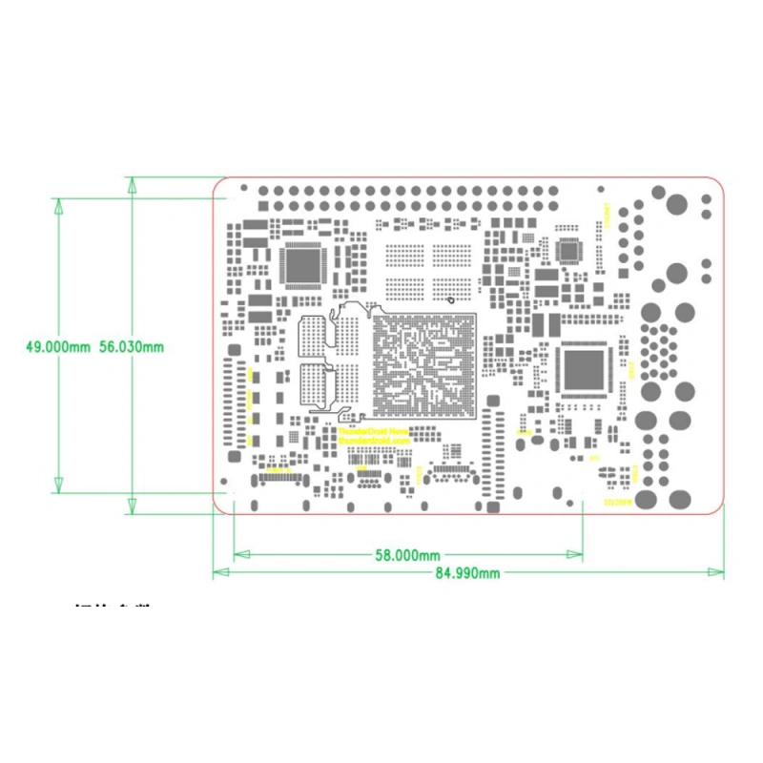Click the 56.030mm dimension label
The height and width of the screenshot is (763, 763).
click(x=131, y=347)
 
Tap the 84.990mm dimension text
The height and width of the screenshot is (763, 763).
click(x=467, y=573)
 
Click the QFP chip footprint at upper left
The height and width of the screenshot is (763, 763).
click(x=302, y=266)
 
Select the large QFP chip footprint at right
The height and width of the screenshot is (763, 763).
click(x=583, y=369)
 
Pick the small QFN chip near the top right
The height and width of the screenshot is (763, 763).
click(x=571, y=252)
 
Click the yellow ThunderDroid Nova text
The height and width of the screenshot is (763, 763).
click(x=374, y=431)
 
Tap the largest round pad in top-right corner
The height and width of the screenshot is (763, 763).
click(x=677, y=205)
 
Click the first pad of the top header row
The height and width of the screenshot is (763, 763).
click(x=264, y=191)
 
